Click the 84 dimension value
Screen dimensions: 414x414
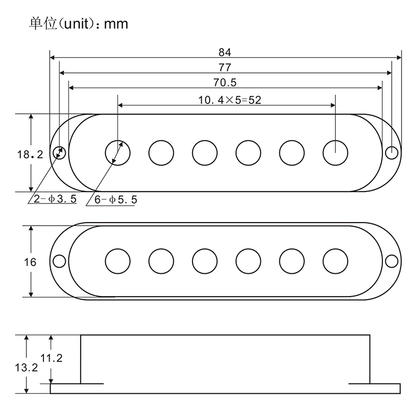225,52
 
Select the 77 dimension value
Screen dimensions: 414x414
225,67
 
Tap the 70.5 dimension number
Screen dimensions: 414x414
225,82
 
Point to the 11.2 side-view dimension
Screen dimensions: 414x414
51,358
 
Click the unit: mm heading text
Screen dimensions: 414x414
78,24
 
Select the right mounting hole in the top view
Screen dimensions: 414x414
392,153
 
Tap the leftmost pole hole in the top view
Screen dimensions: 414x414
117,152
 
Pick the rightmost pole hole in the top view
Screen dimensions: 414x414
336,152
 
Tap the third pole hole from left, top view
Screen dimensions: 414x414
205,152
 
